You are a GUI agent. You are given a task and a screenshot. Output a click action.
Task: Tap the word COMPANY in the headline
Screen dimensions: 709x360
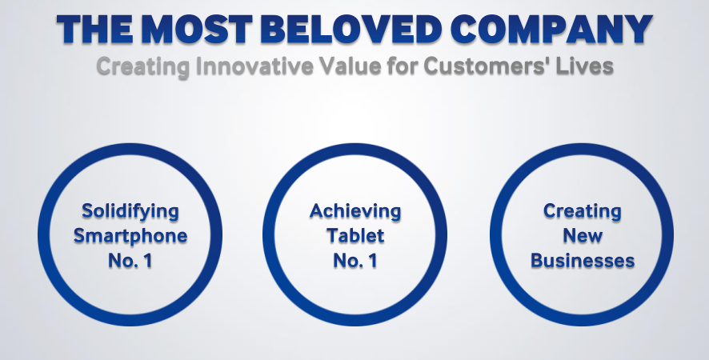[x=551, y=30]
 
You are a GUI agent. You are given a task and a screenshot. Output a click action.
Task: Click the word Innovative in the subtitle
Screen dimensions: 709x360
[x=254, y=66]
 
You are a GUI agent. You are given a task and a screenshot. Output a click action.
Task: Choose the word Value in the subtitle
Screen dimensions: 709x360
[x=349, y=66]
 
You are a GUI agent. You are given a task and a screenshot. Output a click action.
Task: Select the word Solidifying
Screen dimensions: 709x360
[x=130, y=212]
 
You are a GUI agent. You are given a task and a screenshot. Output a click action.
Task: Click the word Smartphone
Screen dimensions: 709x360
[x=130, y=236]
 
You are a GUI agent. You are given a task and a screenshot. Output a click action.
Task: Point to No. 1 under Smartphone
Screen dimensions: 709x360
[x=130, y=261]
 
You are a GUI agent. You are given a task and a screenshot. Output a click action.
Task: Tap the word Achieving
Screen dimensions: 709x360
[x=355, y=212]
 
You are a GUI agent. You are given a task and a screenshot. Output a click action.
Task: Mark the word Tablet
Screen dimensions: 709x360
[x=355, y=236]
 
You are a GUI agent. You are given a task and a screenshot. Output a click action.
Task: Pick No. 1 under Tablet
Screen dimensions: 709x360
[x=355, y=261]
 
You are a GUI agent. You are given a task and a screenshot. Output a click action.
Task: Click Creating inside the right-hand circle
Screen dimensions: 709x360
[x=583, y=212]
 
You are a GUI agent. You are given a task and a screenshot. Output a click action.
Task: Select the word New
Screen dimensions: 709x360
[x=583, y=236]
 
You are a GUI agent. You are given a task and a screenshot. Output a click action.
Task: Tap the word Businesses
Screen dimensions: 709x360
[x=583, y=261]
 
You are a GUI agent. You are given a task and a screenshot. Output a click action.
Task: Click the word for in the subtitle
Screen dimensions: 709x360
[x=401, y=66]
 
